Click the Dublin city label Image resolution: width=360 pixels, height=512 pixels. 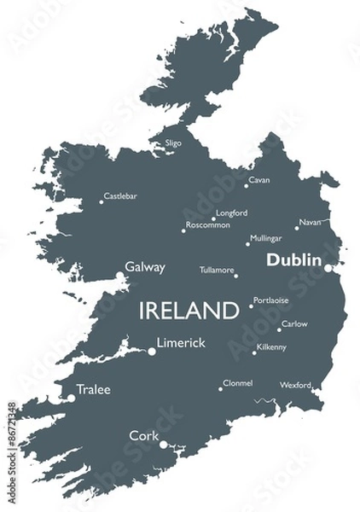pyautogui.click(x=293, y=260)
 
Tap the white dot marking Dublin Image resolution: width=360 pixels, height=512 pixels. pyautogui.click(x=328, y=267)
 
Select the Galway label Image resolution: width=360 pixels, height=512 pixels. pyautogui.click(x=145, y=267)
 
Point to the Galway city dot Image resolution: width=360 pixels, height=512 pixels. pyautogui.click(x=119, y=275)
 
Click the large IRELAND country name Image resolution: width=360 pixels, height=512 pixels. pyautogui.click(x=189, y=309)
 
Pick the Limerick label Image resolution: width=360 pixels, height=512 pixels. pyautogui.click(x=182, y=342)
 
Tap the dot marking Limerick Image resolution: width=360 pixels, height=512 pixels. pyautogui.click(x=153, y=350)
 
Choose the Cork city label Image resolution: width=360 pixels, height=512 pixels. pyautogui.click(x=143, y=435)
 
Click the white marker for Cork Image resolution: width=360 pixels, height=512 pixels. pyautogui.click(x=163, y=444)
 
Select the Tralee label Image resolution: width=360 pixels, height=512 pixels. pyautogui.click(x=94, y=390)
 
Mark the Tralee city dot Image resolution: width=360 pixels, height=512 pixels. pyautogui.click(x=72, y=397)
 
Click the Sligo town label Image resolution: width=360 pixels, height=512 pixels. pyautogui.click(x=173, y=143)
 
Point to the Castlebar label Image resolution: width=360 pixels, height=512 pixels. pyautogui.click(x=120, y=196)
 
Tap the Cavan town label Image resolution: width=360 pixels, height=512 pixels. pyautogui.click(x=259, y=181)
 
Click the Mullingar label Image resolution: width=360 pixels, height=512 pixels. pyautogui.click(x=265, y=238)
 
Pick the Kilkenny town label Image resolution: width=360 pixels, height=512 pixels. pyautogui.click(x=272, y=347)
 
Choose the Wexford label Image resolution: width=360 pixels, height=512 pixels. pyautogui.click(x=295, y=385)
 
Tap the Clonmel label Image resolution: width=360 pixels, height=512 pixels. pyautogui.click(x=237, y=383)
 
